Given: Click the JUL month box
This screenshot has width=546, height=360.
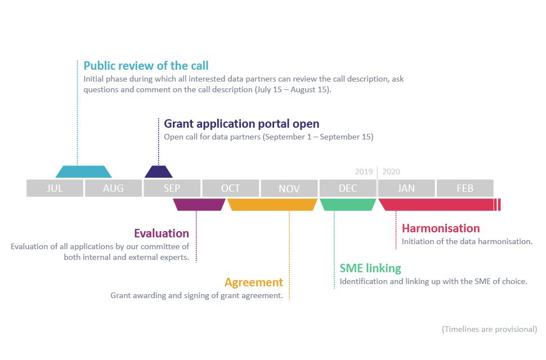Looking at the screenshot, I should click(x=55, y=188).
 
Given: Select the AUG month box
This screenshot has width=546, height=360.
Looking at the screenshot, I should click(x=113, y=188).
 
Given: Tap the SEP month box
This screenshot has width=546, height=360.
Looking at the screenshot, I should click(x=172, y=188).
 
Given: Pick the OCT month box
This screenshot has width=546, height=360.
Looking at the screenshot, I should click(x=230, y=188).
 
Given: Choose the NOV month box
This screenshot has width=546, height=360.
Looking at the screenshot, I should click(x=289, y=188).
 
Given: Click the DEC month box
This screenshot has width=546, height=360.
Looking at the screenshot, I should click(x=347, y=188).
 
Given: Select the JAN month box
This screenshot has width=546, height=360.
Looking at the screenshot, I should click(x=406, y=188).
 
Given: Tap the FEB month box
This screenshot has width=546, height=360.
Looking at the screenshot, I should click(x=465, y=188).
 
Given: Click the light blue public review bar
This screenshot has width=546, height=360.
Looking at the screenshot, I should click(x=84, y=172).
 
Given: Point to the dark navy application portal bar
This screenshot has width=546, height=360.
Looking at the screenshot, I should click(x=159, y=172).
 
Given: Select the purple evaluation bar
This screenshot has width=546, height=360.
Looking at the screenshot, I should click(x=199, y=205).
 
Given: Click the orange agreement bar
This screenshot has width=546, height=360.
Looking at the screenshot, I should click(x=272, y=205).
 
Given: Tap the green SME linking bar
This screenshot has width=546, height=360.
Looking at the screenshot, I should click(x=348, y=205).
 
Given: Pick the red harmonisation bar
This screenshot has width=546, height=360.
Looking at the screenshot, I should click(x=438, y=205).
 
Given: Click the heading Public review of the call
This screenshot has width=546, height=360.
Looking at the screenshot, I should click(x=146, y=66).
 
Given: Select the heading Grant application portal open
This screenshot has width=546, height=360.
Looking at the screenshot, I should click(x=241, y=124).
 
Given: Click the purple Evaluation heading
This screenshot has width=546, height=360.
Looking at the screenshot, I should click(x=162, y=233).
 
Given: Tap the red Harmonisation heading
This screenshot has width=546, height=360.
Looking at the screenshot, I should click(x=441, y=228).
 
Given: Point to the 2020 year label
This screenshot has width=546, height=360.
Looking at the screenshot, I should click(x=391, y=172).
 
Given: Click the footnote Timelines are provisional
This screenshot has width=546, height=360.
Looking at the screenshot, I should click(x=489, y=329).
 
